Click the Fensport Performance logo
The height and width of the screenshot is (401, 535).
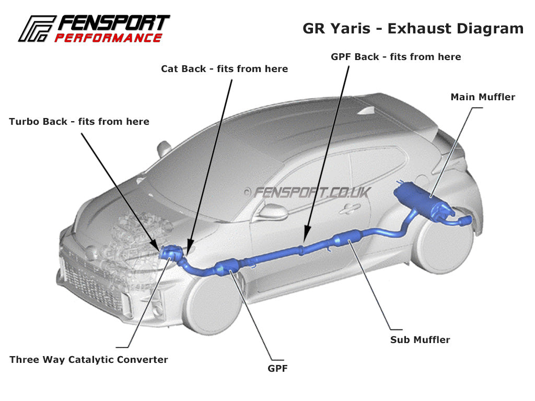[94, 29]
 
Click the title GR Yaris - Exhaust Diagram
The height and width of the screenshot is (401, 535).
[413, 28]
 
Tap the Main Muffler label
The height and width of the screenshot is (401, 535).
[482, 97]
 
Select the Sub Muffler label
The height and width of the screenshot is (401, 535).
[420, 340]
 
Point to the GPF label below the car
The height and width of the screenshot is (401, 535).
[277, 369]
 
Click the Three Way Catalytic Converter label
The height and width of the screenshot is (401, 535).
[89, 360]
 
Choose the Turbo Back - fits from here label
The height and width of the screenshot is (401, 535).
[79, 122]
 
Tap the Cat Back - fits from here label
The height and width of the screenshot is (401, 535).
[224, 69]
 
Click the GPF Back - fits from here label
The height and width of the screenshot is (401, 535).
[396, 56]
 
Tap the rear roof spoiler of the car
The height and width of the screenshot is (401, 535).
[402, 104]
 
